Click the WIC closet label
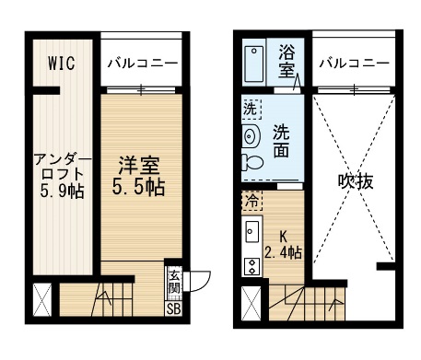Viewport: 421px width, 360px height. [62, 63]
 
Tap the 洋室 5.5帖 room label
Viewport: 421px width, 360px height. [138, 176]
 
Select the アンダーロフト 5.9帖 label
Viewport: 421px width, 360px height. [63, 176]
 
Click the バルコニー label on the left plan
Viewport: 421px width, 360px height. [143, 64]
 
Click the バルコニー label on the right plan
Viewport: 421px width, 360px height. [354, 64]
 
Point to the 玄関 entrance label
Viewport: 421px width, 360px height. [173, 283]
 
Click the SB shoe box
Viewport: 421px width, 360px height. [173, 308]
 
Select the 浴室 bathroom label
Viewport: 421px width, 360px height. [287, 62]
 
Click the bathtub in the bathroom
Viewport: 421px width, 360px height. [254, 64]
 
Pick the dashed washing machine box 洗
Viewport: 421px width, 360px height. [251, 109]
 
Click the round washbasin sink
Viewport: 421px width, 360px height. [251, 135]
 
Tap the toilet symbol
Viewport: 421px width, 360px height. [252, 162]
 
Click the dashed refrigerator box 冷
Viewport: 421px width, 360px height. [252, 201]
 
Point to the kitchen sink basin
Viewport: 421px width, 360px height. [252, 231]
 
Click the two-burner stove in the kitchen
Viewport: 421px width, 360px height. [252, 266]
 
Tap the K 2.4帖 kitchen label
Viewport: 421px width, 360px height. [283, 245]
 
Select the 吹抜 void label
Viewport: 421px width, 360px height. [356, 181]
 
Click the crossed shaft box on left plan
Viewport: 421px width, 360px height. [42, 300]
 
